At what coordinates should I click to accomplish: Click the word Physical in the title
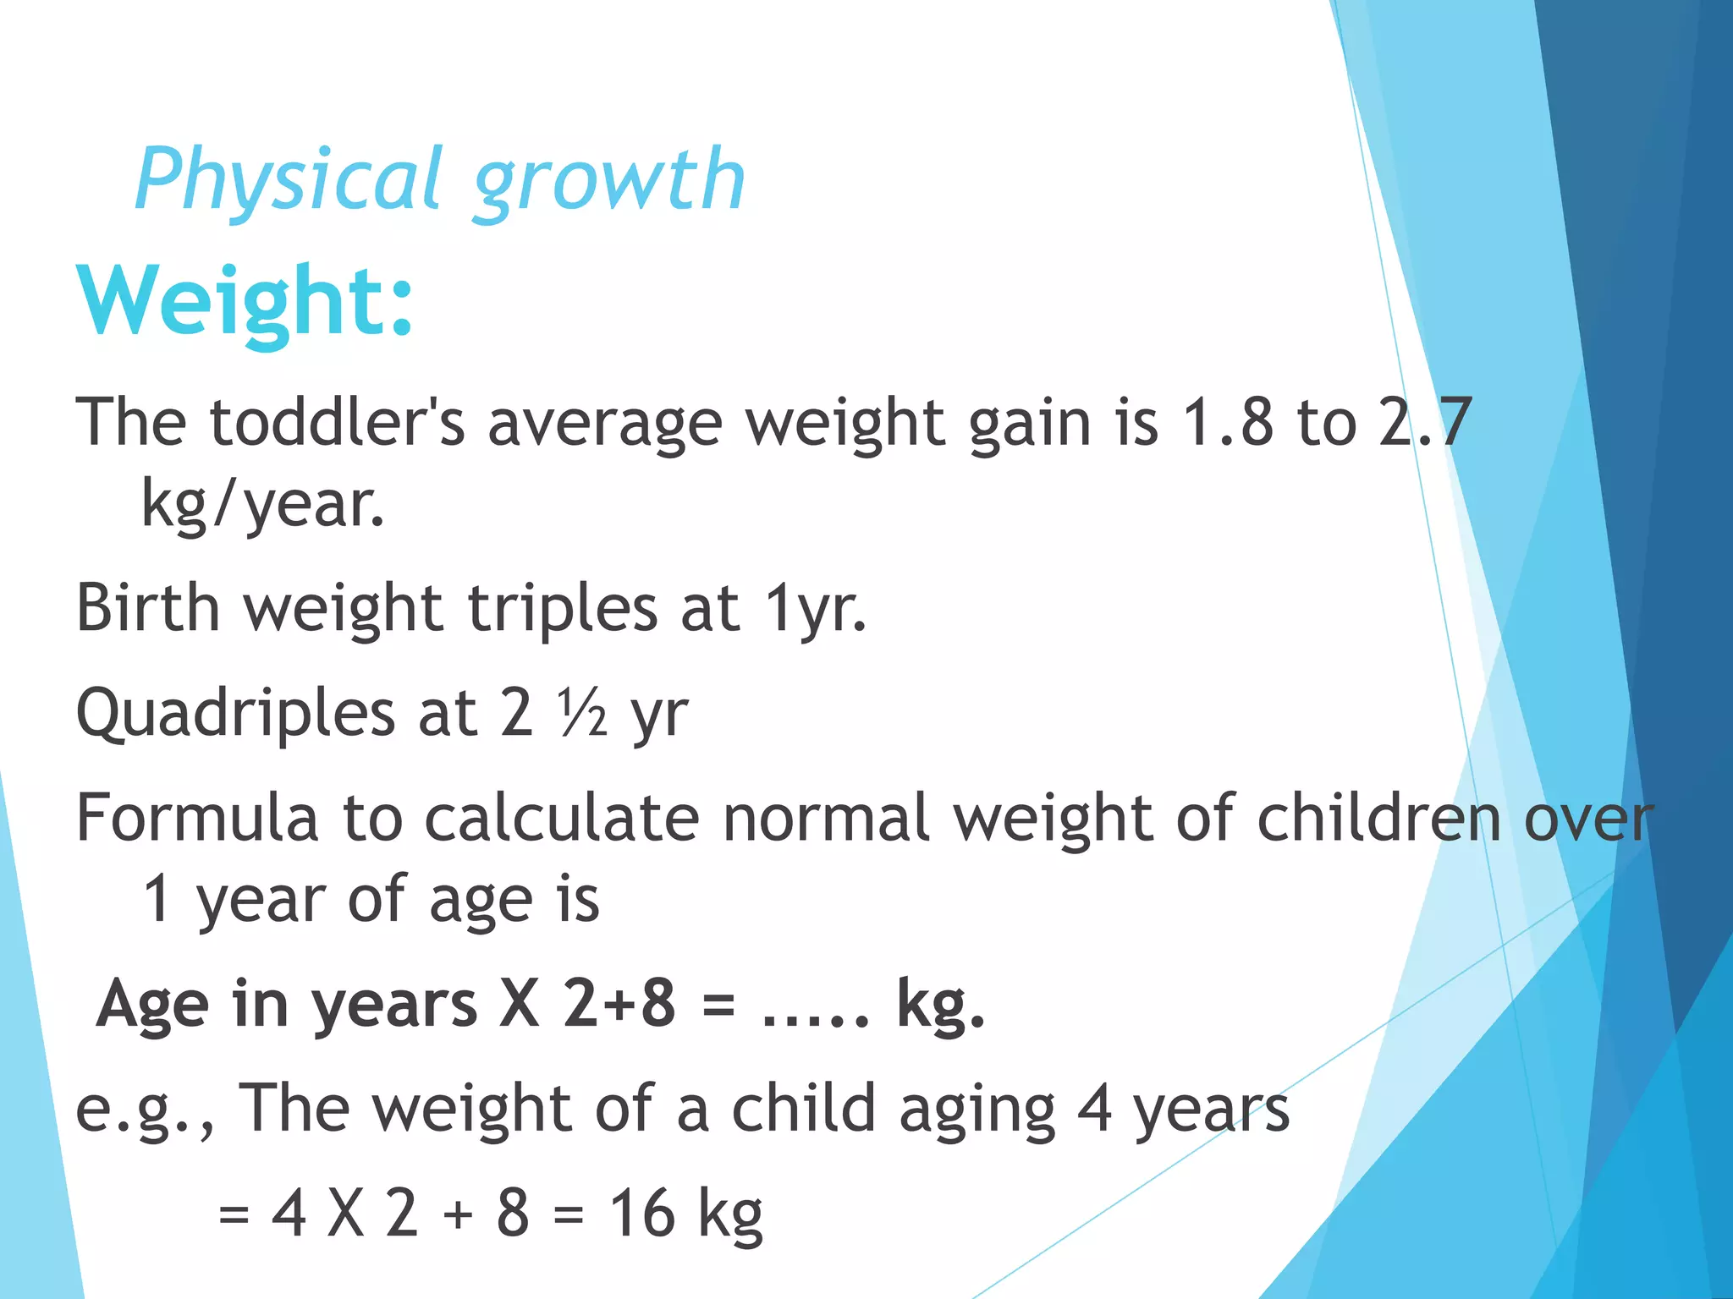288,180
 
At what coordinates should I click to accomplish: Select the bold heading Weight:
245,302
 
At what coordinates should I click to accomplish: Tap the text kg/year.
262,504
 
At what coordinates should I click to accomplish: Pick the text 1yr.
816,609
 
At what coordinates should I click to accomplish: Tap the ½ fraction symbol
581,712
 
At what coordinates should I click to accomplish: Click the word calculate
562,818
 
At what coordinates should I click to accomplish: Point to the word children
1379,818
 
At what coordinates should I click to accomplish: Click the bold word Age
152,1005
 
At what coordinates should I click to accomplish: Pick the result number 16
642,1213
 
